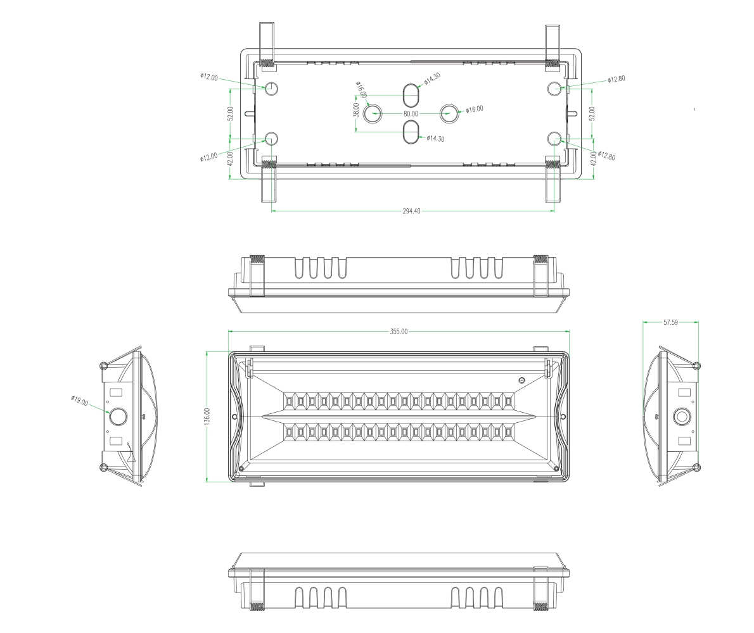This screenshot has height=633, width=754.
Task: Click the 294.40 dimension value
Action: (411, 211)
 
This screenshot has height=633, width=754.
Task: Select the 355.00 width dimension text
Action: (399, 332)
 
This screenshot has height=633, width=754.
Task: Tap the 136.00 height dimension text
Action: (207, 417)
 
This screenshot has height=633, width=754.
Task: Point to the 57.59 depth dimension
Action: (670, 322)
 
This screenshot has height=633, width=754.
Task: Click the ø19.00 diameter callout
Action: (80, 401)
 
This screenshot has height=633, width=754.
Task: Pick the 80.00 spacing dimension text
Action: (411, 114)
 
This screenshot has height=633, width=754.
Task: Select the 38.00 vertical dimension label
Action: (356, 110)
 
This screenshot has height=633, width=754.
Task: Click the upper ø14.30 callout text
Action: (432, 78)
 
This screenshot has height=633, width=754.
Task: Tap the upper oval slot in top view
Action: (411, 95)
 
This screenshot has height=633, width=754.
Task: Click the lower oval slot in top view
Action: (411, 132)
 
